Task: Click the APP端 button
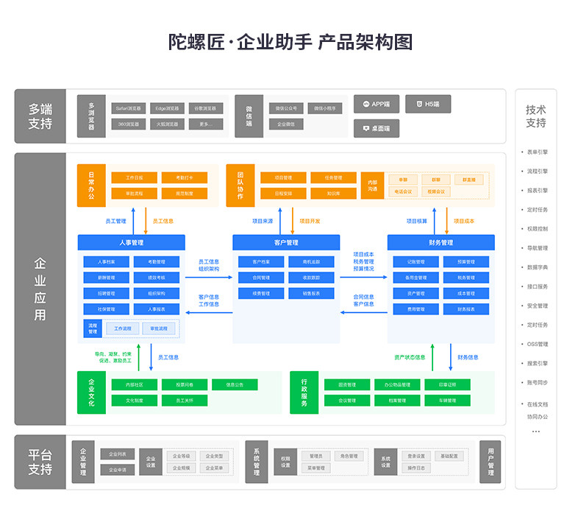pyautogui.click(x=376, y=105)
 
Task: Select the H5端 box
pyautogui.click(x=427, y=105)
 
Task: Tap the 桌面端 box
pyautogui.click(x=376, y=128)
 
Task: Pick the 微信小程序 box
pyautogui.click(x=324, y=108)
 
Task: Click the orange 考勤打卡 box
pyautogui.click(x=185, y=177)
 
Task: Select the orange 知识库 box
pyautogui.click(x=334, y=193)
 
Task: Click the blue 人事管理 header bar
pyautogui.click(x=132, y=242)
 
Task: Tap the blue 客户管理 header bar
pyautogui.click(x=286, y=242)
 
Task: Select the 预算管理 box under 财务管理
pyautogui.click(x=466, y=261)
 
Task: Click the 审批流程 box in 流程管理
pyautogui.click(x=159, y=328)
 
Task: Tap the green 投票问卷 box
pyautogui.click(x=185, y=384)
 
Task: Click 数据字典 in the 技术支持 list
pyautogui.click(x=537, y=267)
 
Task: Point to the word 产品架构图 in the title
pyautogui.click(x=365, y=41)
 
